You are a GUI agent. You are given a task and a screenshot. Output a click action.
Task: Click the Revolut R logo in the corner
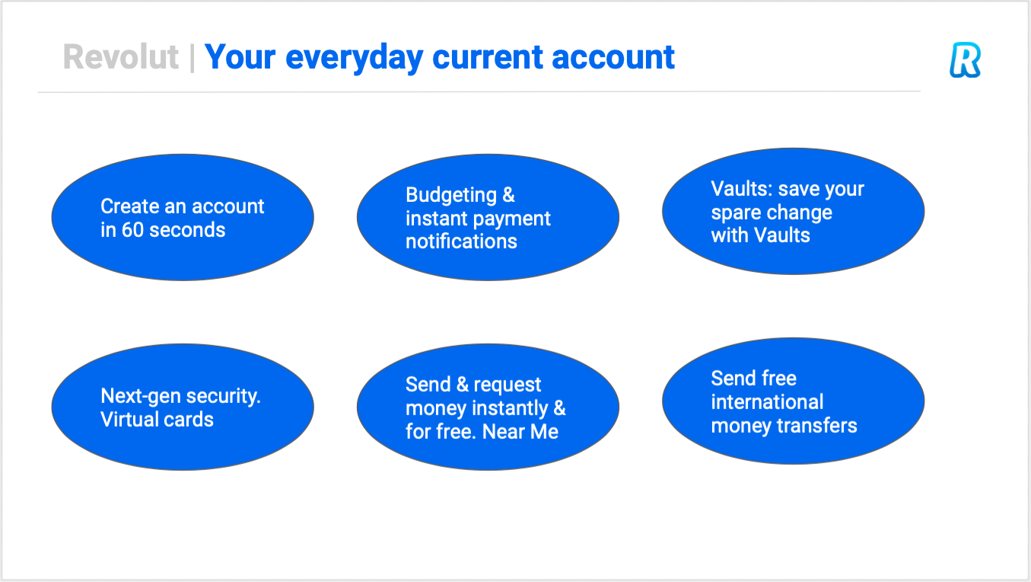pyautogui.click(x=965, y=60)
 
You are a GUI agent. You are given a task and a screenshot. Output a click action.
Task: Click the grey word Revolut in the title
pyautogui.click(x=120, y=57)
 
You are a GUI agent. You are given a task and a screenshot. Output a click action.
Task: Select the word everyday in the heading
pyautogui.click(x=354, y=59)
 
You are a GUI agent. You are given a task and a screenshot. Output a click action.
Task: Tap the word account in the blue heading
pyautogui.click(x=613, y=58)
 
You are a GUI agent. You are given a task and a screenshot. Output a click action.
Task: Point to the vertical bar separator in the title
pyautogui.click(x=192, y=58)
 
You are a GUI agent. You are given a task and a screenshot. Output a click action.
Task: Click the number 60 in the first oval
pyautogui.click(x=132, y=230)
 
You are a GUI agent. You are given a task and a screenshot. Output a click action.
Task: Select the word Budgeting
pyautogui.click(x=451, y=195)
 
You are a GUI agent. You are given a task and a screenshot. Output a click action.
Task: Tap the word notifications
pyautogui.click(x=461, y=241)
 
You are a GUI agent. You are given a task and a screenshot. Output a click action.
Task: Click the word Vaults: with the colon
pyautogui.click(x=742, y=188)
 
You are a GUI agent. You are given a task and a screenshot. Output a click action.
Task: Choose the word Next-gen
pyautogui.click(x=140, y=396)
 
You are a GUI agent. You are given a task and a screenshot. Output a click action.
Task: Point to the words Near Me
pyautogui.click(x=520, y=432)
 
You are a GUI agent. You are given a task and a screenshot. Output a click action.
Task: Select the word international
pyautogui.click(x=767, y=401)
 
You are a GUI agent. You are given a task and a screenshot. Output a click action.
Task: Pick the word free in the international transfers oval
pyautogui.click(x=779, y=379)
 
